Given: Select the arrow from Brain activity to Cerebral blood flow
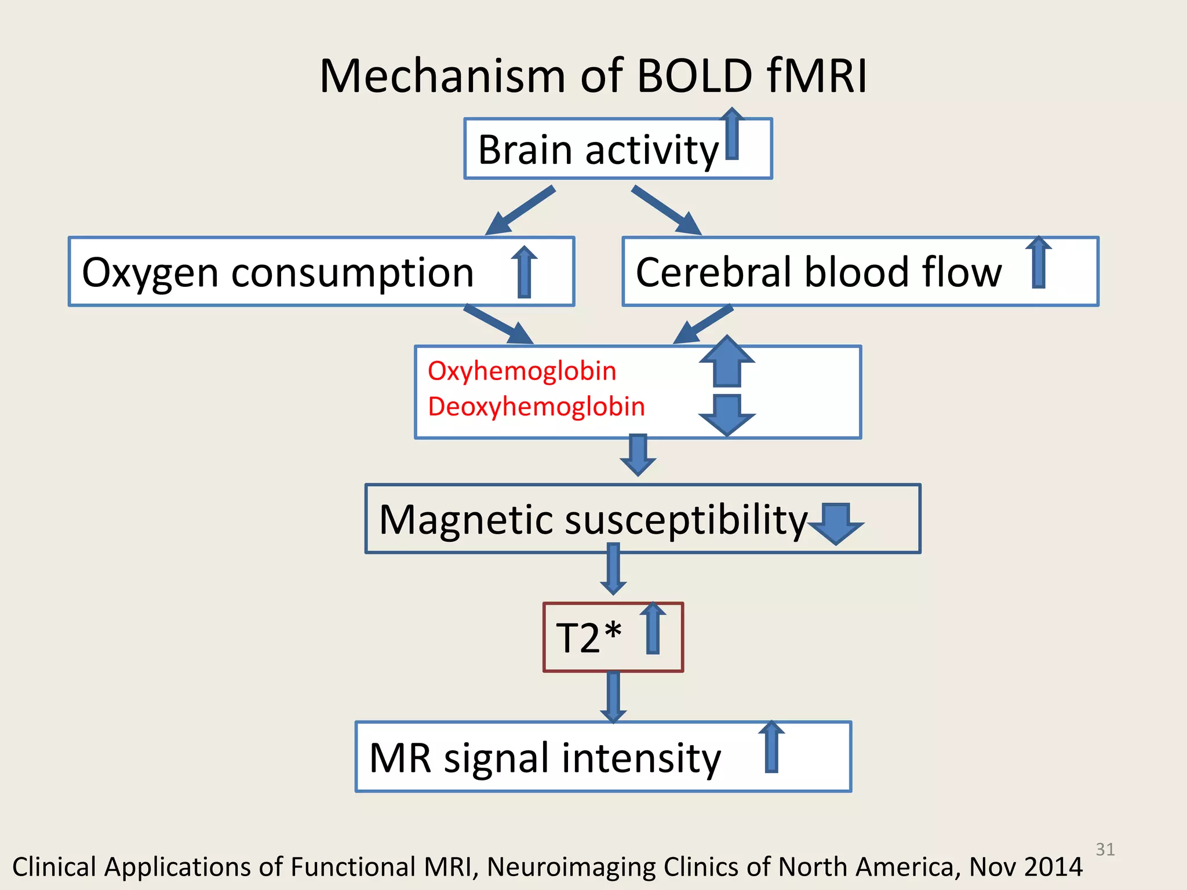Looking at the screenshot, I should [667, 211].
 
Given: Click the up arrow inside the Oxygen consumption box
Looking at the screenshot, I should [525, 272].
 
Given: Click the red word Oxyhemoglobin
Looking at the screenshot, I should [522, 371].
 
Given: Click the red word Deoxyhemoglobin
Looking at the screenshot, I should [536, 406].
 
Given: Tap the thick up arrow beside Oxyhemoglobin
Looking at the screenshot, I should [727, 362].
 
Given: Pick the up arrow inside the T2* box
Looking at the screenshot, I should [653, 629].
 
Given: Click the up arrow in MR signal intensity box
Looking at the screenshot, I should [771, 747].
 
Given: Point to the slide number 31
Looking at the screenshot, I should [1105, 849].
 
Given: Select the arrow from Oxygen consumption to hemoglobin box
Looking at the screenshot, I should [499, 325].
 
